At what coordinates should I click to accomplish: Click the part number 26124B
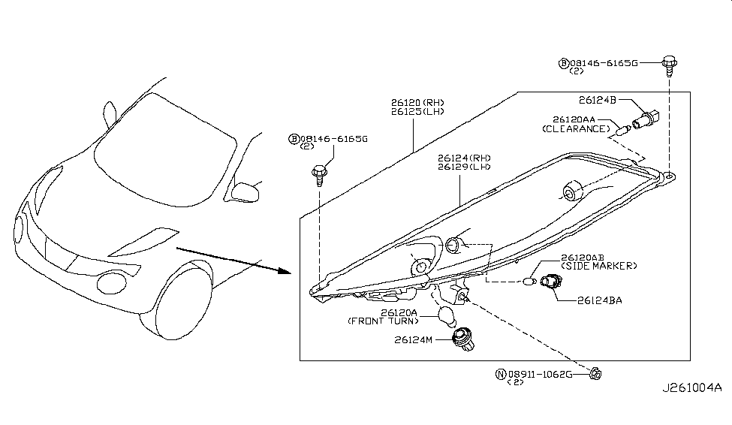point(598,98)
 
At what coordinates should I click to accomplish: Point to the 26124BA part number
point(599,300)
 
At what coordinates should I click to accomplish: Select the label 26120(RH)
point(417,102)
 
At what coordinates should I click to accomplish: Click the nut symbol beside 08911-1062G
point(595,372)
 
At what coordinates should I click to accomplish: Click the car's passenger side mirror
point(244,191)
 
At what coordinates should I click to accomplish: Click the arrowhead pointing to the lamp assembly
point(285,271)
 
